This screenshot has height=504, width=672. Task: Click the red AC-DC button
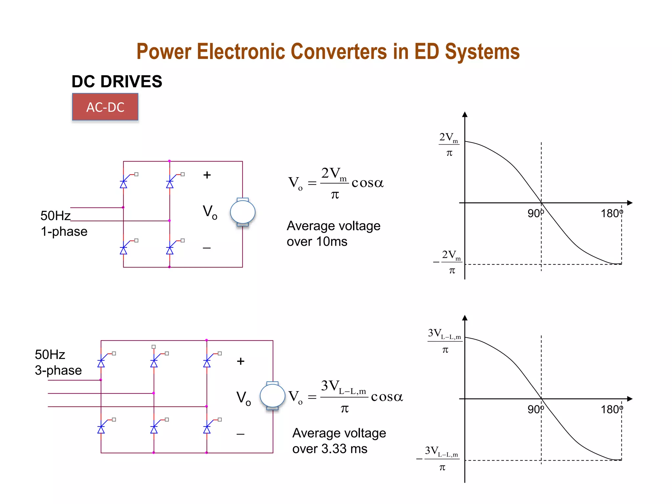[x=105, y=107]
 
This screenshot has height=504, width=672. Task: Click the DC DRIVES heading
[x=117, y=81]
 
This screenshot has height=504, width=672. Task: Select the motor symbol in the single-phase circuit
[x=242, y=212]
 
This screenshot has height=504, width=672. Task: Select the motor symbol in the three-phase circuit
[x=272, y=396]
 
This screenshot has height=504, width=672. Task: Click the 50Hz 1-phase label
[x=64, y=223]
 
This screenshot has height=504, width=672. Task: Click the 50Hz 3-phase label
[x=58, y=362]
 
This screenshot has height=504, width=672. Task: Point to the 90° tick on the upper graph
[x=541, y=203]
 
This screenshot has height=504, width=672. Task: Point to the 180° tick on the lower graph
[x=621, y=399]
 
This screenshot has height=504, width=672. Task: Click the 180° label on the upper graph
[x=611, y=214]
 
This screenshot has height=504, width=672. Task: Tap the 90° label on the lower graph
[x=535, y=409]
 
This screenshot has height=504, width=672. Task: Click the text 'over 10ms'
[x=317, y=242]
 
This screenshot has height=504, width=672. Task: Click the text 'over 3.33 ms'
[x=329, y=449]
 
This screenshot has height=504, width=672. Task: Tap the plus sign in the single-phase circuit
[x=207, y=175]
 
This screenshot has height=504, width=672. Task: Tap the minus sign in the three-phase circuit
[x=240, y=434]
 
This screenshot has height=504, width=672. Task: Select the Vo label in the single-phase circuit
[x=210, y=212]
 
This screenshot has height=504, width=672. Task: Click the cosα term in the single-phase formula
[x=367, y=183]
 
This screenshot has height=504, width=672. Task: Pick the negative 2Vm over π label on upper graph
[x=448, y=262]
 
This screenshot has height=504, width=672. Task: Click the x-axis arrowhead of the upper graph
[x=629, y=203]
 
